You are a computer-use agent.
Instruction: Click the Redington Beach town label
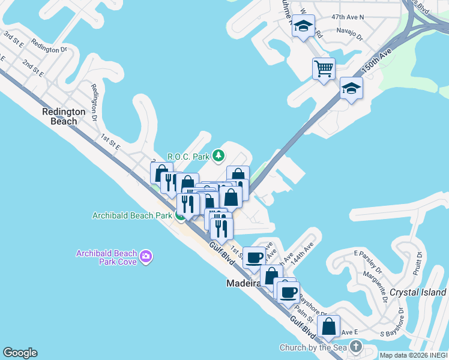coord(59,116)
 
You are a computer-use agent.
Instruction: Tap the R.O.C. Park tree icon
coord(219,157)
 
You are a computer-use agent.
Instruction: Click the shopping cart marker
coord(324,68)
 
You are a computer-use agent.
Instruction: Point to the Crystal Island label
coord(418,292)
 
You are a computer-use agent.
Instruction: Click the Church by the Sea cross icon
coord(356,347)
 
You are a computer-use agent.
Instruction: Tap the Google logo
coord(20,353)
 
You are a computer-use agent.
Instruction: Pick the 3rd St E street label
coord(13,40)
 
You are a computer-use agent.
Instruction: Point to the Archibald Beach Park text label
coord(131,216)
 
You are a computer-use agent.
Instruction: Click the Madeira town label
coord(243,283)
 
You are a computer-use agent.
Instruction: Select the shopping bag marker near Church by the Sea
coord(328,327)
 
